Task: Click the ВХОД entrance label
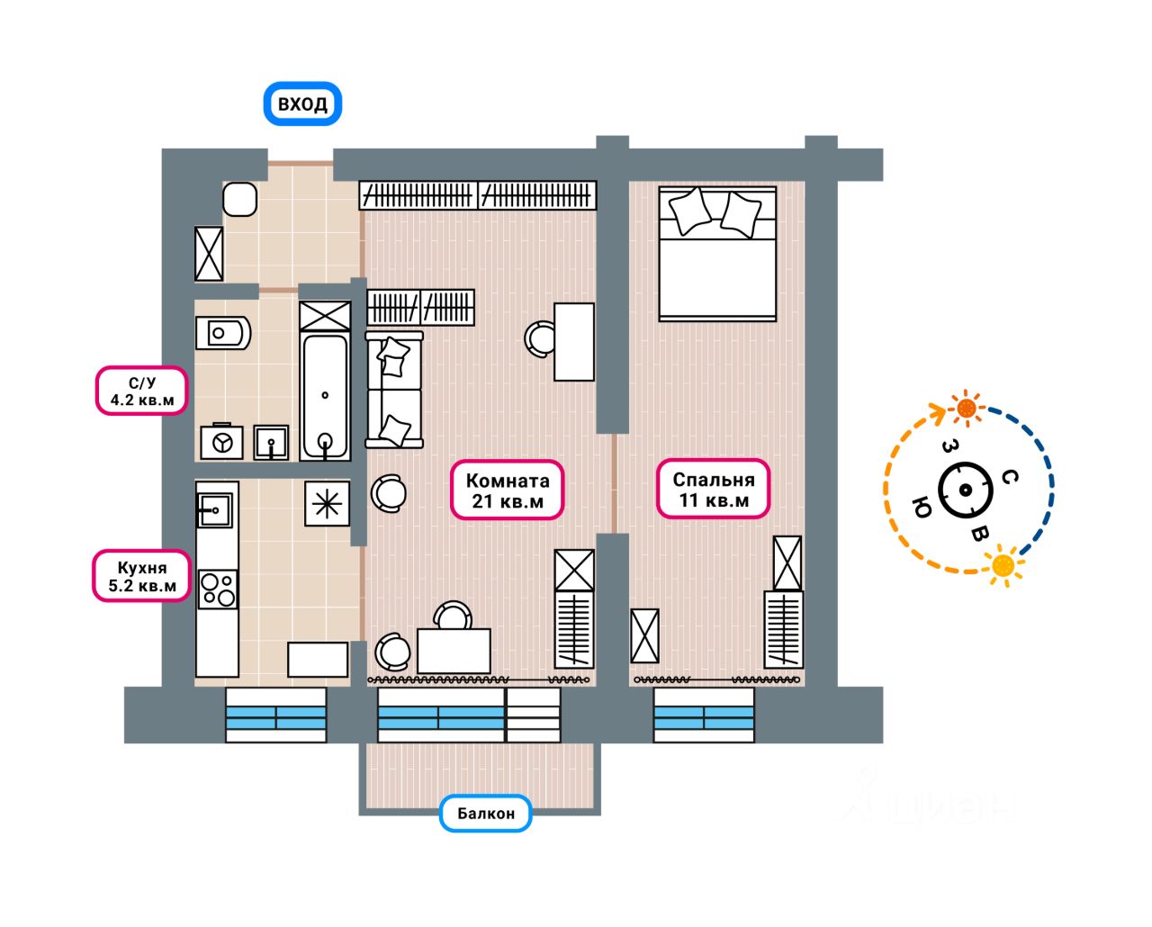(302, 103)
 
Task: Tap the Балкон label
(486, 814)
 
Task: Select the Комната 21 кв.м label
(508, 490)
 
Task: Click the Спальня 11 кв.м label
(714, 490)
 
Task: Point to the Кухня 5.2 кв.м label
(142, 577)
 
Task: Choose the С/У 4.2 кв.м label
(142, 391)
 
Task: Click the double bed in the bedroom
(717, 254)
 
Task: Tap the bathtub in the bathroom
(325, 397)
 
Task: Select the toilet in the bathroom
(222, 334)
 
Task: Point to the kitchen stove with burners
(218, 589)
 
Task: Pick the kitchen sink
(215, 510)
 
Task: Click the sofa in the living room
(393, 389)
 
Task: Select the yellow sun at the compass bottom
(1003, 565)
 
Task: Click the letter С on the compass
(1010, 477)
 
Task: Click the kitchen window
(275, 715)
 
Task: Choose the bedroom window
(704, 715)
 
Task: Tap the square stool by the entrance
(240, 199)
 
